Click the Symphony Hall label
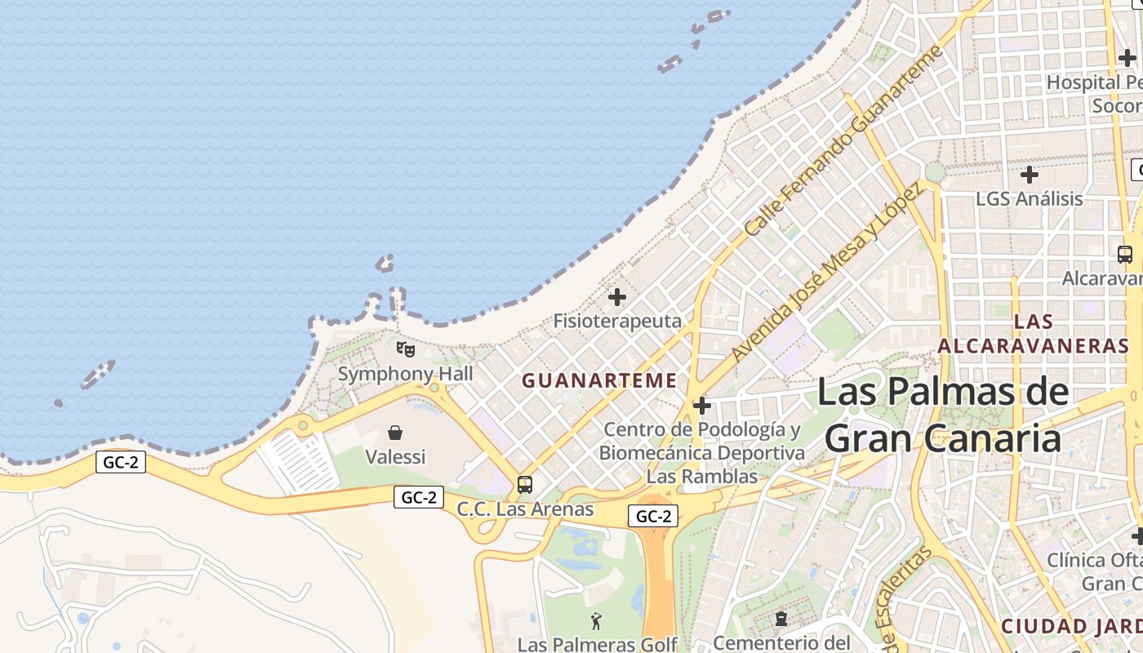coord(406,375)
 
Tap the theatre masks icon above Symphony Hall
coord(406,349)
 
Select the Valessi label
coord(395,456)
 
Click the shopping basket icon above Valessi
coord(395,432)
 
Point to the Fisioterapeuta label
coord(617,321)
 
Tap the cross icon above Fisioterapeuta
coord(617,297)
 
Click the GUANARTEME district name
coord(599,380)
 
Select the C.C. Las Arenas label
coord(525,509)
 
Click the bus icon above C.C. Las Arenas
coord(525,485)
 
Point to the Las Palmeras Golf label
coord(598,644)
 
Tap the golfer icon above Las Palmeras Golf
coord(597,621)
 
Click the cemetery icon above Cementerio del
coord(781,619)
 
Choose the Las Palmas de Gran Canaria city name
coord(943,415)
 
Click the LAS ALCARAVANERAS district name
coord(1034,333)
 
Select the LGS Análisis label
coord(1030,198)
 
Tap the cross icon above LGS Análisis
coord(1030,175)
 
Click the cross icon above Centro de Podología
coord(701,405)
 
